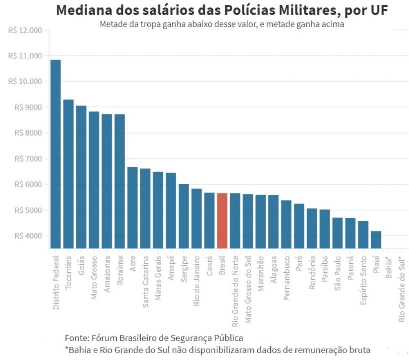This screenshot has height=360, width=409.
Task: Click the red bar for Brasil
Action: coord(222,221)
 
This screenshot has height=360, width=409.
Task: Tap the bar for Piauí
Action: coord(376,240)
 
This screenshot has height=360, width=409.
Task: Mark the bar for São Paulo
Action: coord(337,233)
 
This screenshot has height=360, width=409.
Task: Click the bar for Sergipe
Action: coord(184,216)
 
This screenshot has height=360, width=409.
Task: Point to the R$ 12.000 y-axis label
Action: coord(25,30)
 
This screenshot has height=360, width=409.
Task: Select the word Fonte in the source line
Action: coord(75,338)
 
